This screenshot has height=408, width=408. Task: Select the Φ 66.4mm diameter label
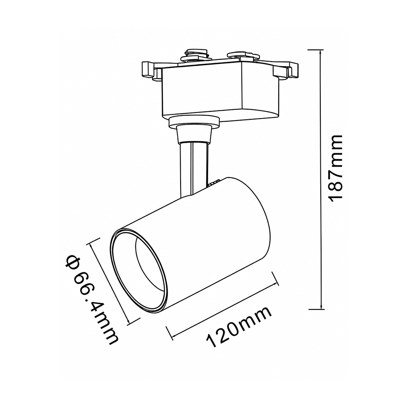tap(92, 300)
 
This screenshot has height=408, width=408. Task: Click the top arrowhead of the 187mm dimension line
tap(321, 52)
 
